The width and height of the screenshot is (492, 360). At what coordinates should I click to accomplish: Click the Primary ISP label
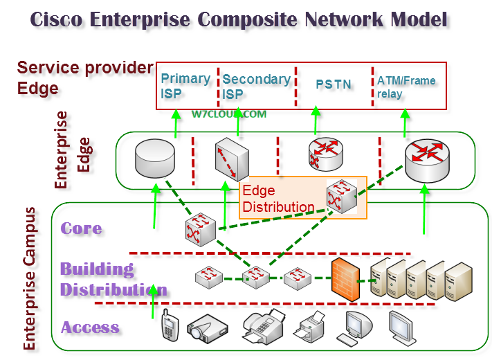185,86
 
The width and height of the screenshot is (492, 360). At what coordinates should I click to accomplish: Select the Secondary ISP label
256,87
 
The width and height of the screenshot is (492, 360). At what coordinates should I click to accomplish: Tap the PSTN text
334,84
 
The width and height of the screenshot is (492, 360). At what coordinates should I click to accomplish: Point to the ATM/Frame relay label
406,87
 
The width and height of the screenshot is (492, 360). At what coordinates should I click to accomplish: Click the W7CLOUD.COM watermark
229,114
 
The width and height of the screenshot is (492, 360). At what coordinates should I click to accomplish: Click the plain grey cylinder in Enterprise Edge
155,159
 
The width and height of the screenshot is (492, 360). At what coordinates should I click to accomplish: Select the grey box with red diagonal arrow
232,159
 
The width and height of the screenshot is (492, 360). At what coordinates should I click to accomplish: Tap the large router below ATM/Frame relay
427,161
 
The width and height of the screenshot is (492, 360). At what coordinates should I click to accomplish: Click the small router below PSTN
326,154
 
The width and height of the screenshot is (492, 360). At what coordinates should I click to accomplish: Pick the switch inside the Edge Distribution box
342,197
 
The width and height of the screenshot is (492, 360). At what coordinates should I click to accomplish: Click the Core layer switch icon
201,229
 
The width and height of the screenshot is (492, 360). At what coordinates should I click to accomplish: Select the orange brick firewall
345,280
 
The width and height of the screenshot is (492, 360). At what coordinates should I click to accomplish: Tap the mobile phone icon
170,325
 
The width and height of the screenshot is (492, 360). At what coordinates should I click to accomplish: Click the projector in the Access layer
207,329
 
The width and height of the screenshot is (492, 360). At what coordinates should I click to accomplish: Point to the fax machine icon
263,327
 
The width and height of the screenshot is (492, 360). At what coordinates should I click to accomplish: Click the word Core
81,228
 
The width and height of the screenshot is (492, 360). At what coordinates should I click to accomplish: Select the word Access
90,327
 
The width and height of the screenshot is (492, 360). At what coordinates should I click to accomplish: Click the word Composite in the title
247,19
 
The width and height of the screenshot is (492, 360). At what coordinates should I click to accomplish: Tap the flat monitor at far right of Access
401,327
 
